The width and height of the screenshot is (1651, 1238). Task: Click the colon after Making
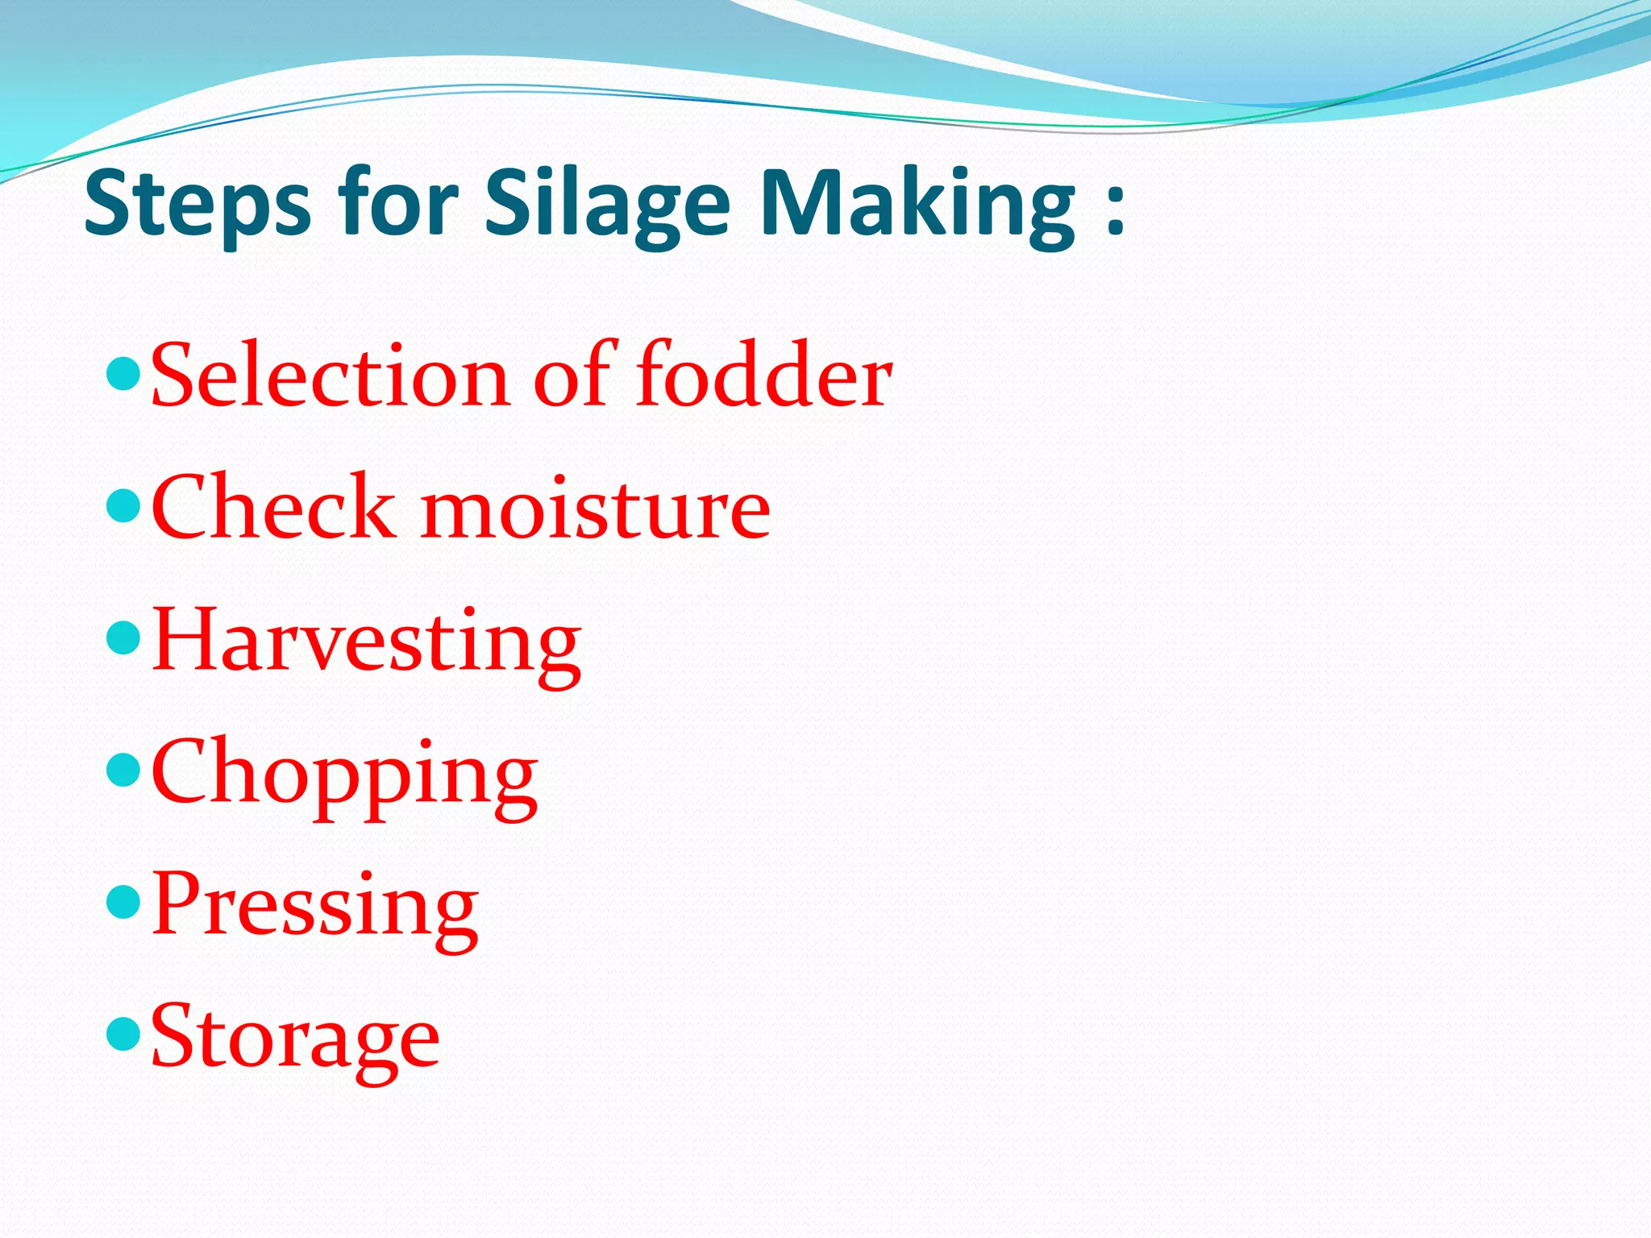pyautogui.click(x=1115, y=211)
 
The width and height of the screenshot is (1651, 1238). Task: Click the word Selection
pyautogui.click(x=329, y=376)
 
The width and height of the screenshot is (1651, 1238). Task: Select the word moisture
pyautogui.click(x=595, y=509)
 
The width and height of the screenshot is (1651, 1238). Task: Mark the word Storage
pyautogui.click(x=295, y=1038)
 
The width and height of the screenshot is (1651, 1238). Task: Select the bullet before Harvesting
pyautogui.click(x=123, y=638)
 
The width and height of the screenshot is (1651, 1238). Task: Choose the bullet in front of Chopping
pyautogui.click(x=123, y=770)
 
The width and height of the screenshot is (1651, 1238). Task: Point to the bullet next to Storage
pyautogui.click(x=123, y=1033)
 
